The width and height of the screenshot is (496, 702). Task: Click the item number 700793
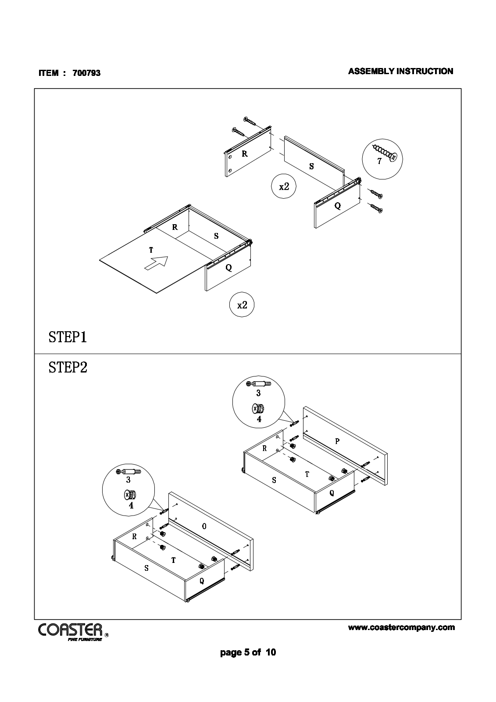(x=86, y=73)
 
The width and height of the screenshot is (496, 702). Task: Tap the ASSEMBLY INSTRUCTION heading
(x=400, y=71)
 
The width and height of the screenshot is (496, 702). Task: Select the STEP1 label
(x=68, y=337)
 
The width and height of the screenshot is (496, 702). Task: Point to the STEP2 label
(x=68, y=367)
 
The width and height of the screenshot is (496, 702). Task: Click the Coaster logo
(x=71, y=630)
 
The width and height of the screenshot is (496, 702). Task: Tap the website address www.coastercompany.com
(x=401, y=627)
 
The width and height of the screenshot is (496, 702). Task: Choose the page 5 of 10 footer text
(x=248, y=652)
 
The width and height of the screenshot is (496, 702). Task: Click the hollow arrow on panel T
(x=157, y=264)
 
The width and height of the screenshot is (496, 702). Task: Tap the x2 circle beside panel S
(x=284, y=186)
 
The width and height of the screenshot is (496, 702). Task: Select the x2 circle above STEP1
(x=242, y=305)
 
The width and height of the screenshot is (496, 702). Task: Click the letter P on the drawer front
(x=337, y=441)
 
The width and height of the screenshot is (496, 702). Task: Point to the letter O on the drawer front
(x=204, y=526)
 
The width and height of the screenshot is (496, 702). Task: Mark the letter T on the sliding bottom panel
(x=151, y=250)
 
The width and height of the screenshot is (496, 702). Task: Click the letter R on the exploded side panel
(x=244, y=154)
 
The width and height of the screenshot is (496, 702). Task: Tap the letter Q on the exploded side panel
(x=337, y=206)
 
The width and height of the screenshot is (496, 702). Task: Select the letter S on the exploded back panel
(x=311, y=166)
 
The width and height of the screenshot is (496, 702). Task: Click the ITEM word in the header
(x=48, y=73)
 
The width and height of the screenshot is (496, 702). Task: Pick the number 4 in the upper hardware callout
(x=259, y=419)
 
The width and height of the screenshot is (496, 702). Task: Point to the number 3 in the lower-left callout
(x=128, y=480)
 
